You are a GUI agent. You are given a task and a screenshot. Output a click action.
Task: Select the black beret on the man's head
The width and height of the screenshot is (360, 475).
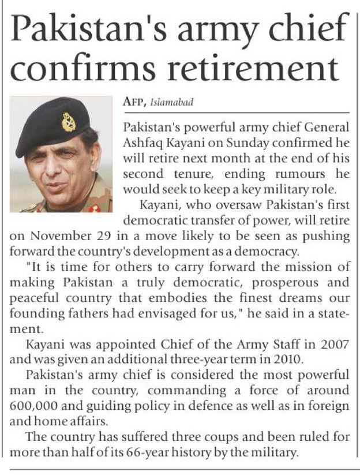[52, 124]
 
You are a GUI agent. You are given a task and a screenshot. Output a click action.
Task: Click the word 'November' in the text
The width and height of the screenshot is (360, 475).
[47, 237]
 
